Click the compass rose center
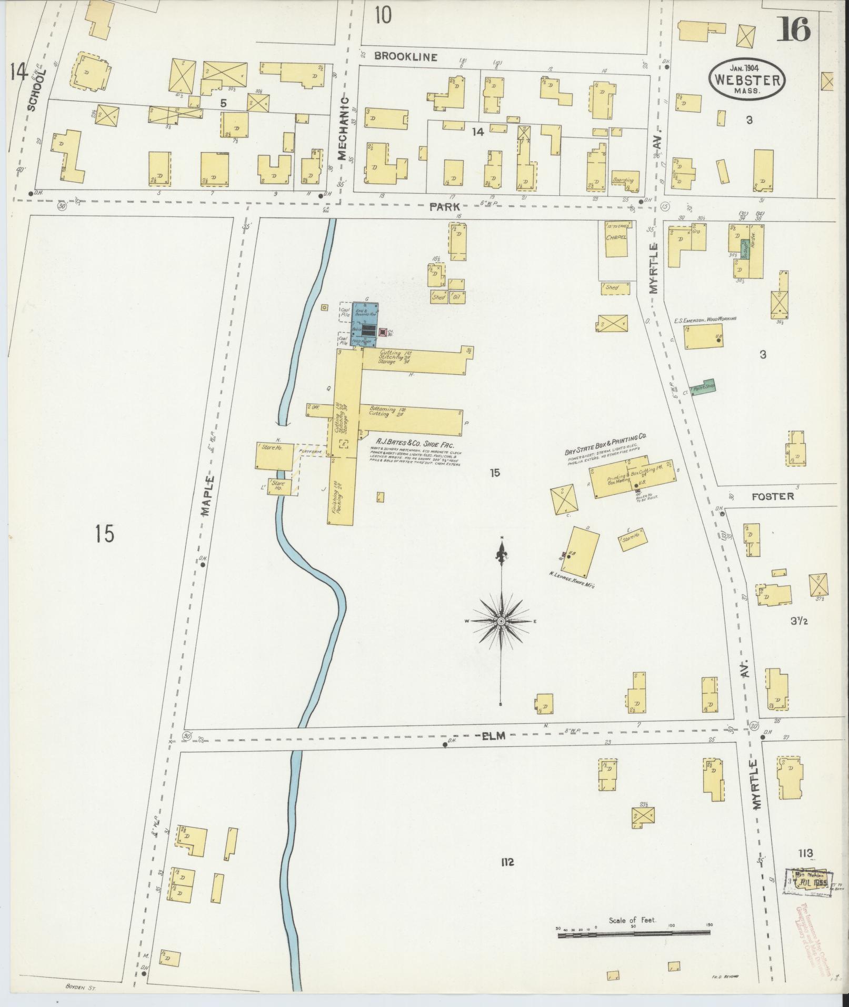pyautogui.click(x=502, y=622)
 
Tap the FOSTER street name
pyautogui.click(x=772, y=496)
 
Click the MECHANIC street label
pyautogui.click(x=343, y=128)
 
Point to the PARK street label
pyautogui.click(x=441, y=206)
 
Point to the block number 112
pyautogui.click(x=507, y=862)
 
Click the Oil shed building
pyautogui.click(x=456, y=296)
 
